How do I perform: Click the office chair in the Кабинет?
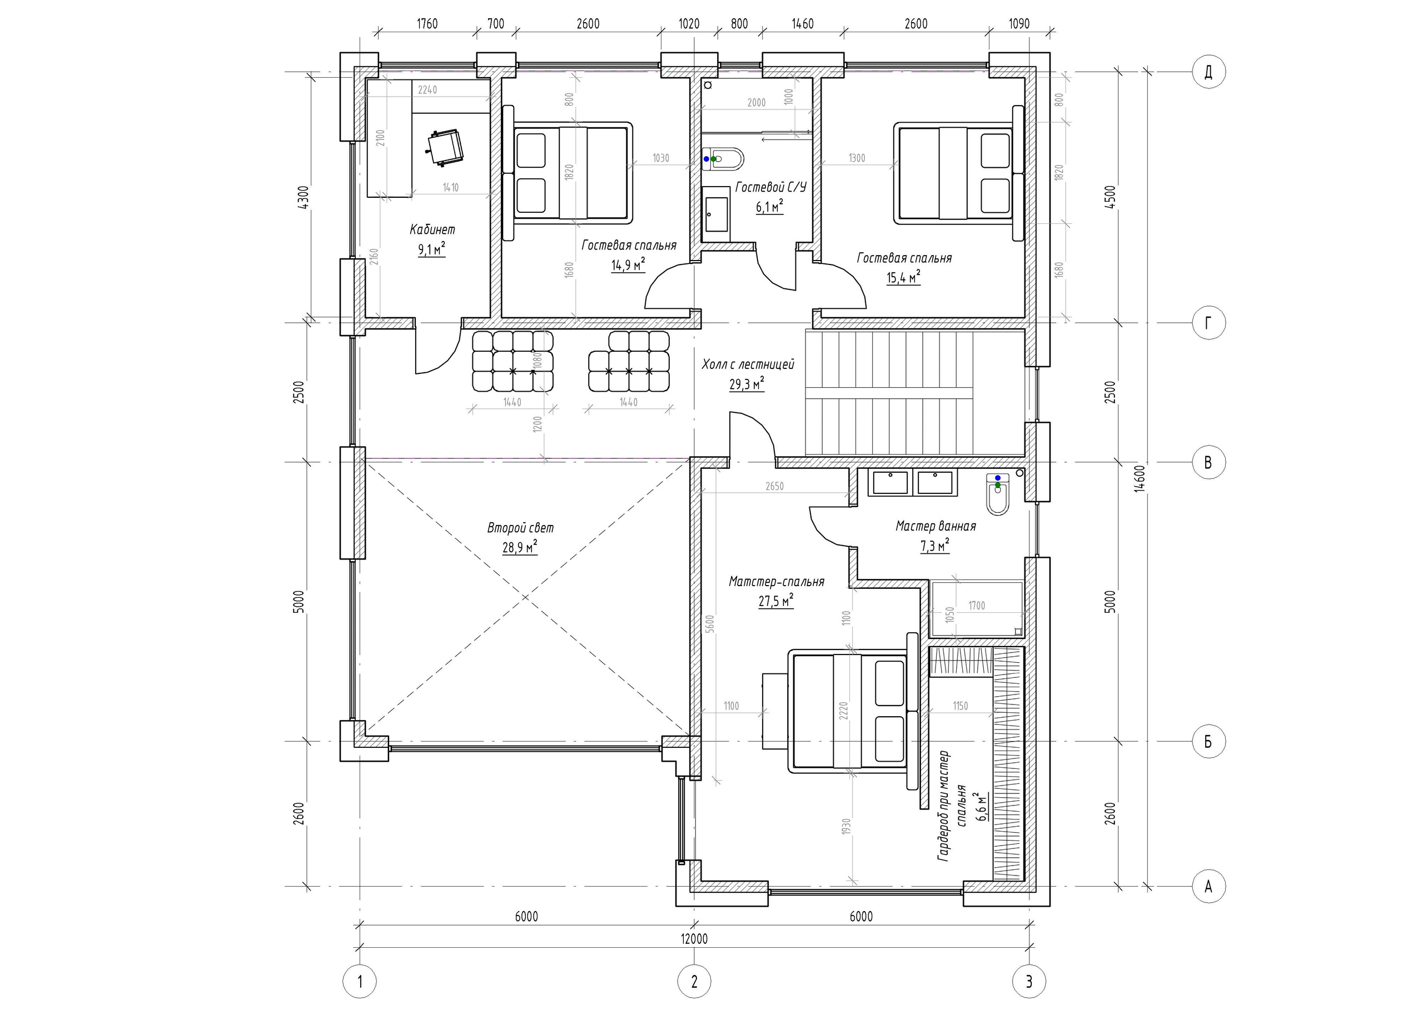444,147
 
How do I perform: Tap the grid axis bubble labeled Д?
1208,72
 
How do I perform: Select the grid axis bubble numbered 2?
694,982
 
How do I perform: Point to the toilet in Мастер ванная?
997,495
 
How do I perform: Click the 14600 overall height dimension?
1138,479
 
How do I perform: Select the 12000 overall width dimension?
694,938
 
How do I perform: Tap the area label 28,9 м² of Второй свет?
520,547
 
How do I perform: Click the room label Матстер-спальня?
776,582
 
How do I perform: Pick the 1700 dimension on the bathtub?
976,605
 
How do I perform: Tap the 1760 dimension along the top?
427,24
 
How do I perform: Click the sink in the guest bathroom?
717,214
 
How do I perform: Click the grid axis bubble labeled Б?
1208,741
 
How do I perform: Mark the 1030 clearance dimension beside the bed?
660,158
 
